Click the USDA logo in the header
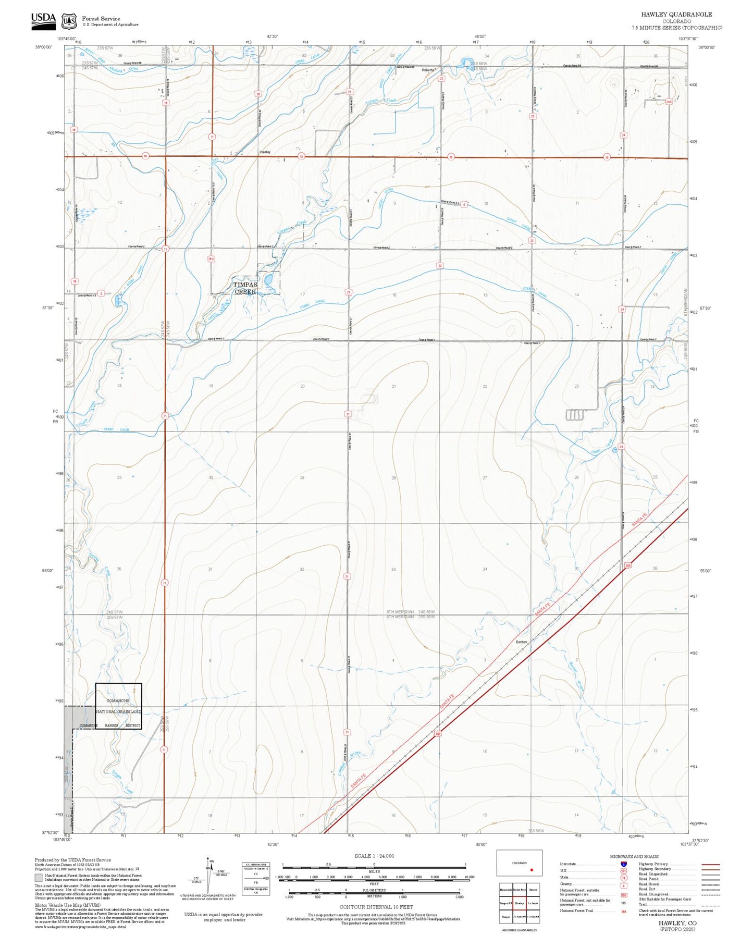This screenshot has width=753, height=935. pyautogui.click(x=43, y=19)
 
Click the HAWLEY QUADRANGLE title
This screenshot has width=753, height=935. pyautogui.click(x=676, y=15)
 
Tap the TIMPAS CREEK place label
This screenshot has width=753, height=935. pyautogui.click(x=245, y=288)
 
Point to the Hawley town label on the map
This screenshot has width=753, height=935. pyautogui.click(x=265, y=152)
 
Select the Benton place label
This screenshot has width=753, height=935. pyautogui.click(x=521, y=642)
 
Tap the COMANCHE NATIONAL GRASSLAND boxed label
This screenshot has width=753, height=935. pyautogui.click(x=118, y=706)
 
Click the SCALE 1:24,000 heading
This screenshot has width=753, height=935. pyautogui.click(x=374, y=856)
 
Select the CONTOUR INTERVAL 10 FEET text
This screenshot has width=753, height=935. pyautogui.click(x=374, y=907)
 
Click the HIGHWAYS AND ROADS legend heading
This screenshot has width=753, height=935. pyautogui.click(x=634, y=856)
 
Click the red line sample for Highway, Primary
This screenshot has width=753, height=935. pyautogui.click(x=710, y=864)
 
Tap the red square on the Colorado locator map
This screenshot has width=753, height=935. pyautogui.click(x=532, y=870)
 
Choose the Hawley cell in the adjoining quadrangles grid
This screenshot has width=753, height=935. pyautogui.click(x=519, y=903)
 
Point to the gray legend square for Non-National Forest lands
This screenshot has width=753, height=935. pyautogui.click(x=39, y=878)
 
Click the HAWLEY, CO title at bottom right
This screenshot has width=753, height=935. pyautogui.click(x=677, y=923)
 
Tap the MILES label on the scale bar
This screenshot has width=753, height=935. pyautogui.click(x=374, y=871)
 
